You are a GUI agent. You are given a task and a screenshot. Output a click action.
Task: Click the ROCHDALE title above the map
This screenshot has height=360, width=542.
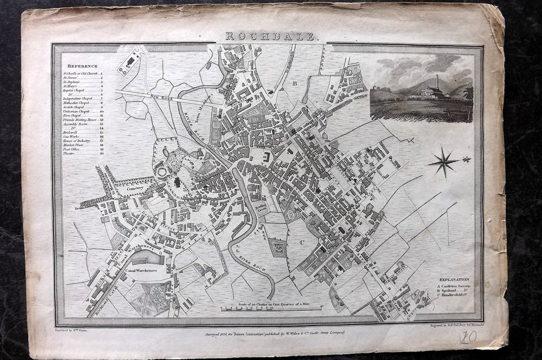pos(272,36)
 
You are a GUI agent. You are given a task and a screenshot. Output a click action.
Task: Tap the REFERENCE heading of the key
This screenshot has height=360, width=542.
pos(83,65)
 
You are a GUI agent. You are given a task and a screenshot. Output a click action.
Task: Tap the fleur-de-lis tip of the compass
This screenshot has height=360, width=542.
pos(465,159)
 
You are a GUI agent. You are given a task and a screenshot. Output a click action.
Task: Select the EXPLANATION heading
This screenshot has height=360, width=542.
pos(453,279)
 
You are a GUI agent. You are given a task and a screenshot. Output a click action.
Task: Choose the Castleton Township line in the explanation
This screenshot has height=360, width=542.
pos(453,286)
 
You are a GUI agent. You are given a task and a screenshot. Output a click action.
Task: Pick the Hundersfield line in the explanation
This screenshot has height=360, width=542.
pos(453,295)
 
